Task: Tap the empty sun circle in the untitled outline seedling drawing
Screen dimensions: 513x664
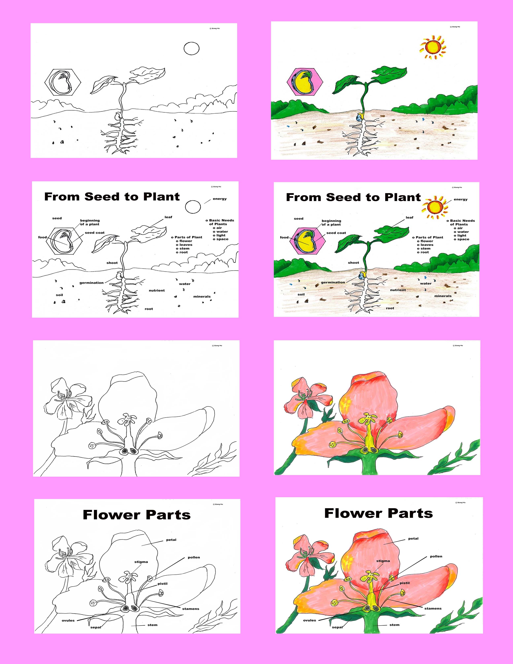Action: coord(192,48)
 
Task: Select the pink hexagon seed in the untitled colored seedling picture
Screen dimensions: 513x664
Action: coord(305,82)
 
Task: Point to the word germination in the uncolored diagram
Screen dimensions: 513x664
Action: coord(92,283)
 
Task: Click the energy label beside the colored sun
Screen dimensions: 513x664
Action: coord(460,199)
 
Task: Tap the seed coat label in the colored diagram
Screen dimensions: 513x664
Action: coord(336,233)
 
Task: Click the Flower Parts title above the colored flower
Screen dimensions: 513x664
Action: coord(378,513)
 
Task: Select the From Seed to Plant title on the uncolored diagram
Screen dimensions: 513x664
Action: coord(112,197)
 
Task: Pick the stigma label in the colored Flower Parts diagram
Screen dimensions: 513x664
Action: coord(383,561)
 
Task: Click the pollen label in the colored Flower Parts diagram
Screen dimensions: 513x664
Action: coord(436,556)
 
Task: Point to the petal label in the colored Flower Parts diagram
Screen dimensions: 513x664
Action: coord(413,538)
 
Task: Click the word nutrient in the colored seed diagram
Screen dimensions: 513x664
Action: coord(398,290)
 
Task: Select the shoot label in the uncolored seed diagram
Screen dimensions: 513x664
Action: coord(112,263)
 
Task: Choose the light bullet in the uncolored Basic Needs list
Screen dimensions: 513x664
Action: coord(219,235)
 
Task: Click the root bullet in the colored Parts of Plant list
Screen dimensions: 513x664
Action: coord(423,252)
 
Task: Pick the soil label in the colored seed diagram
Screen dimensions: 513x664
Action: coord(301,294)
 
